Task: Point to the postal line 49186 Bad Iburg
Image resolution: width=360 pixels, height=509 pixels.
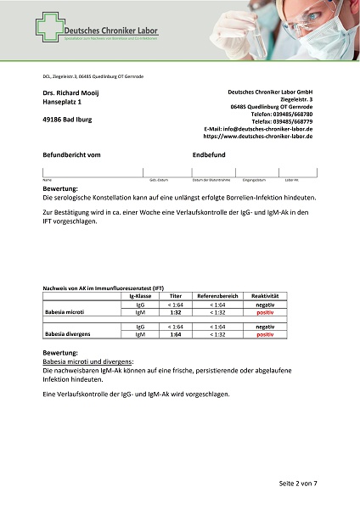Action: [x=67, y=120]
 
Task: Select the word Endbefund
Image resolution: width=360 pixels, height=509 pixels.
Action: [x=209, y=155]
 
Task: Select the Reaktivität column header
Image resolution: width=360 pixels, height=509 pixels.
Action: [x=265, y=295]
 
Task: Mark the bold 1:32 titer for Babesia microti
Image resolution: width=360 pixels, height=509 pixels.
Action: [x=175, y=312]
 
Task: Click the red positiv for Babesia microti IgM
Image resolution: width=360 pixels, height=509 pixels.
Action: [x=265, y=312]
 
